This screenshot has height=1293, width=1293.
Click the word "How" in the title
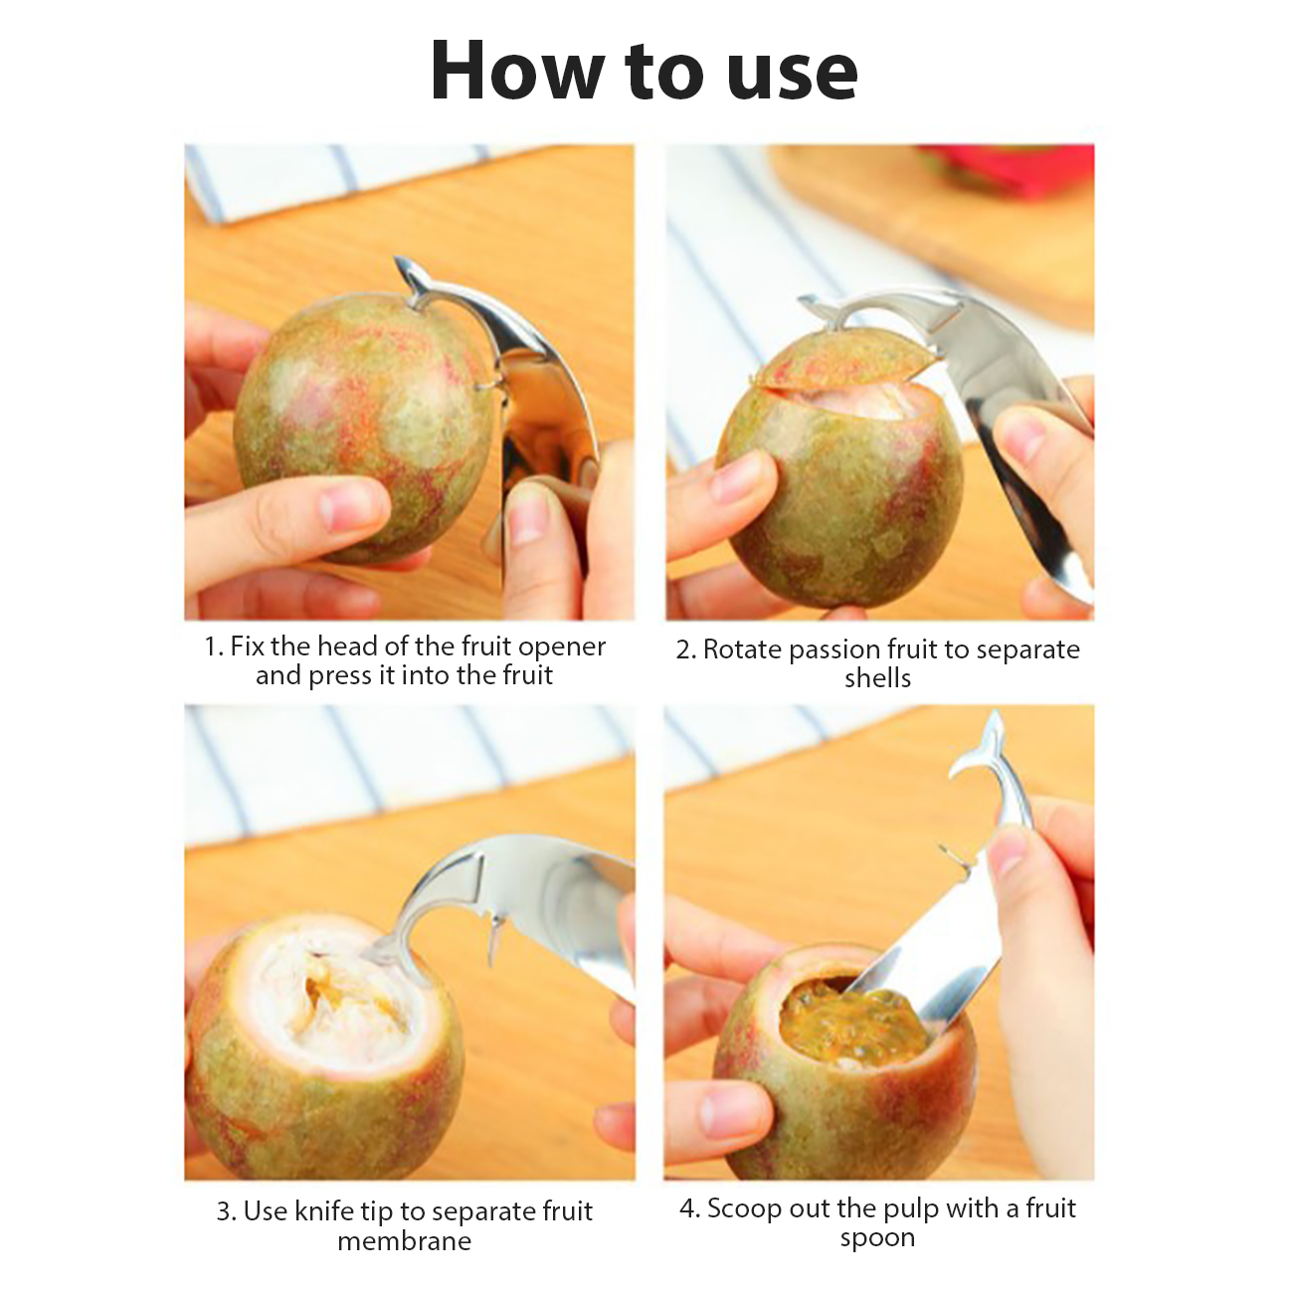[x=516, y=71]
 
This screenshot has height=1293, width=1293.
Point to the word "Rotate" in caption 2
[x=742, y=649]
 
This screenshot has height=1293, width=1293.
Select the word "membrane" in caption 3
[x=404, y=1240]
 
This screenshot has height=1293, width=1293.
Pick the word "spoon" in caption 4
[x=877, y=1238]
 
